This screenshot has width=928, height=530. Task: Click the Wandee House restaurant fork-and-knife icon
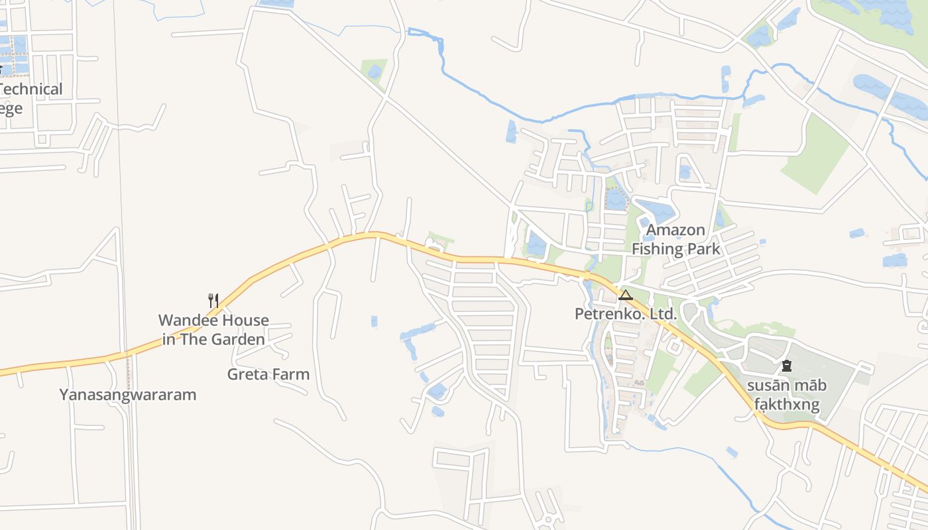tap(213, 300)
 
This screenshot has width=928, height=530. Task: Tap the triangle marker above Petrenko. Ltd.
tap(625, 294)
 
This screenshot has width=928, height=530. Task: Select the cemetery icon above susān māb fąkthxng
tap(787, 365)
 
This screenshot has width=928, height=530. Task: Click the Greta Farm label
tap(268, 374)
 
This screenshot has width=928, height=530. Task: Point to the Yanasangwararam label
tap(128, 395)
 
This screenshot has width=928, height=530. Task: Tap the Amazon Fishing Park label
tap(675, 239)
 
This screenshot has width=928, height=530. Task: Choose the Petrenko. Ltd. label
tap(626, 314)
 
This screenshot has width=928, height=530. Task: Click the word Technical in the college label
tap(32, 89)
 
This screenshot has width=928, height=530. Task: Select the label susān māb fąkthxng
tap(787, 395)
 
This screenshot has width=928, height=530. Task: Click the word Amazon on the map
tap(675, 230)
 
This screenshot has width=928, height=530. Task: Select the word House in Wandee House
tap(245, 321)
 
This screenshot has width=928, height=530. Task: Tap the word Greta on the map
tap(247, 374)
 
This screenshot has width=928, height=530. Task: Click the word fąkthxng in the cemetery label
tap(787, 405)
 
